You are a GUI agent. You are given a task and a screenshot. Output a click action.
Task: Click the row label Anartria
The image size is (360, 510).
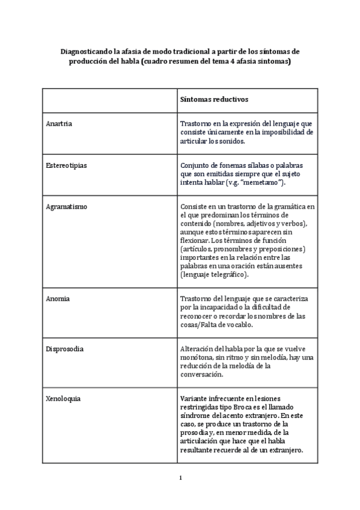pos(59,124)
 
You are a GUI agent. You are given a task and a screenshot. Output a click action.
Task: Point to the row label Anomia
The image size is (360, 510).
pos(58,298)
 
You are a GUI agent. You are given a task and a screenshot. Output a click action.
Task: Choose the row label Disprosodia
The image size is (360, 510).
pos(64,348)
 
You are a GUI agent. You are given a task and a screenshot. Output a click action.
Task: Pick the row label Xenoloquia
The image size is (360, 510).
pos(63,398)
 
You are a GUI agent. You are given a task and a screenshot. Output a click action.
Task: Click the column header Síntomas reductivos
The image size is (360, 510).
pos(215,99)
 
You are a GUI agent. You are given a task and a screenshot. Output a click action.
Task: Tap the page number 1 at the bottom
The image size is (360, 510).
pos(180,478)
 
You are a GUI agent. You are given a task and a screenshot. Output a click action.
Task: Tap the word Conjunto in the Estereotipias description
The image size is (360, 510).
pos(195,164)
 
